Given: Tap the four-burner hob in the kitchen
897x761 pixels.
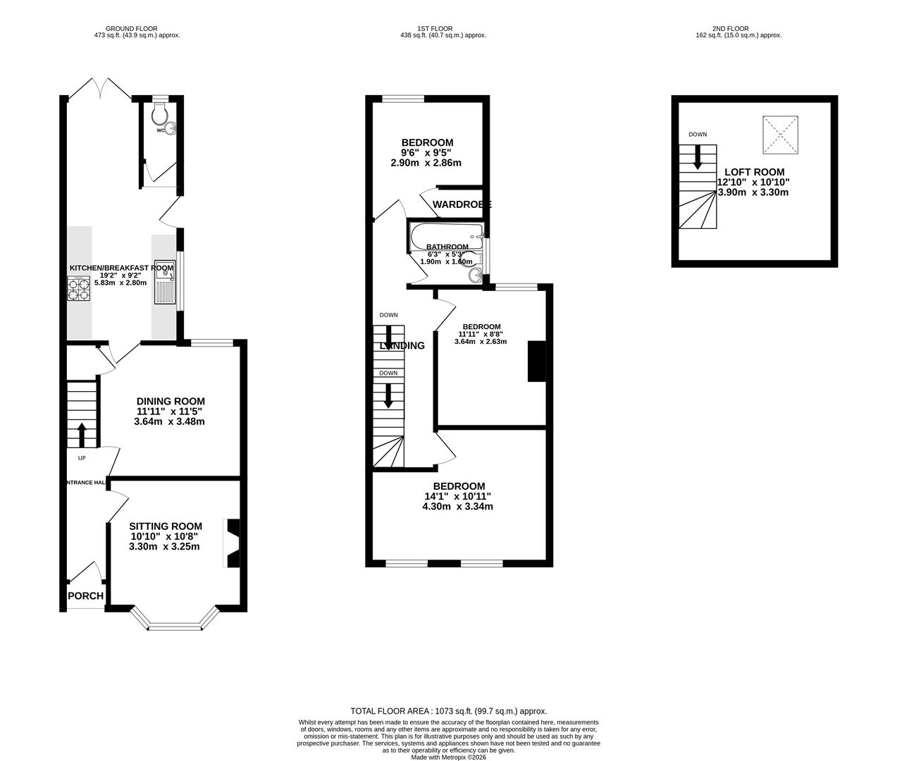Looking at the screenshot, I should coord(79,288).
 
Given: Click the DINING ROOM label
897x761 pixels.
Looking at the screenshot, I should coord(171,402).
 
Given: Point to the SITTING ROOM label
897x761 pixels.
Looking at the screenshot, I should coord(166,526).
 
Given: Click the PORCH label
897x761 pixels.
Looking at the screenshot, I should coord(85,596).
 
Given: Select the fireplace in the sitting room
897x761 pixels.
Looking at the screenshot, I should coord(232,543).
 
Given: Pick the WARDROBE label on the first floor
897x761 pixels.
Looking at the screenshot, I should coord(462,204).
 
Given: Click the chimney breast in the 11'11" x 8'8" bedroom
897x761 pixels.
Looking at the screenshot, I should coord(537,361).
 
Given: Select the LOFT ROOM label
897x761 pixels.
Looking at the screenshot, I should coord(754,172).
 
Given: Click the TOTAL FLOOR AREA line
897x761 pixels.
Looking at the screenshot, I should coord(448,711).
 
